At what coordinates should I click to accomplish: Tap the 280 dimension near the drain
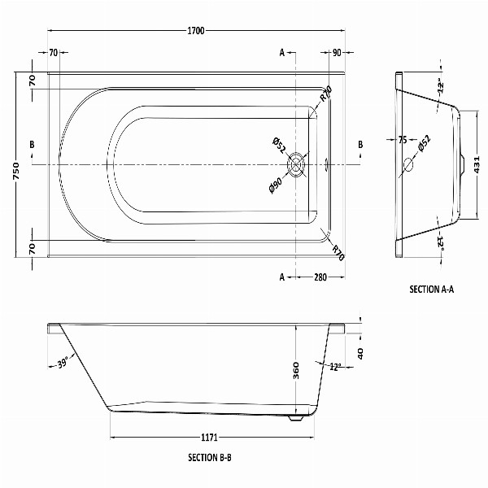click(320, 277)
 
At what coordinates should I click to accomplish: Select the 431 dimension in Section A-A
click(479, 166)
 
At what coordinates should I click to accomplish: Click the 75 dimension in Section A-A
click(402, 140)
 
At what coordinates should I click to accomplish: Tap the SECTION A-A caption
click(431, 289)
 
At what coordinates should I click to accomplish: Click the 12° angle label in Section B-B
click(334, 366)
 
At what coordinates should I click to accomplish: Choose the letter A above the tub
click(282, 53)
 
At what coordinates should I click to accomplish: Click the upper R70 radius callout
click(326, 94)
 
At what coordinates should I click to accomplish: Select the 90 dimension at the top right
click(336, 53)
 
